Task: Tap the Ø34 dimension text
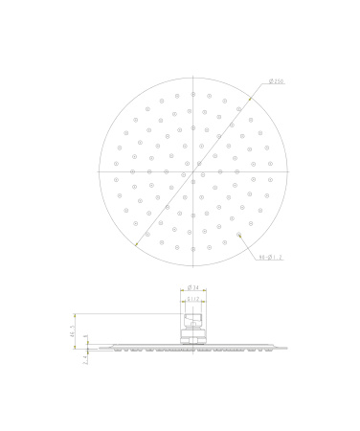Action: pos(191,285)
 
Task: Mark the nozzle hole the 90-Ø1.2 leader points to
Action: pos(239,234)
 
